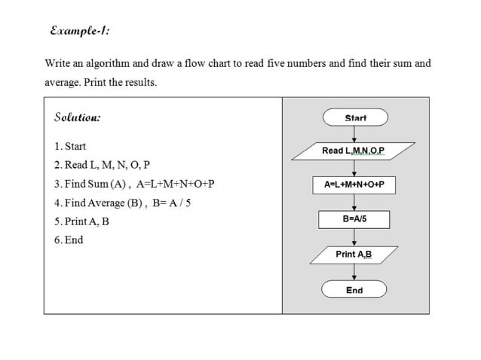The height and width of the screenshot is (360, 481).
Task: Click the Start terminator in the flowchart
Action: coord(354,117)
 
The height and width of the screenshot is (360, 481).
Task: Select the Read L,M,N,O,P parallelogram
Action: coord(354,151)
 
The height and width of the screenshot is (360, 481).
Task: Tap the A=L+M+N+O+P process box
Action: coord(354,185)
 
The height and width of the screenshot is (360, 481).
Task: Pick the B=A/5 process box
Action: coord(354,219)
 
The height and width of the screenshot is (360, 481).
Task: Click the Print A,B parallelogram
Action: coord(354,255)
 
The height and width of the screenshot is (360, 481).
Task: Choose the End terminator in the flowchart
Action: coord(354,290)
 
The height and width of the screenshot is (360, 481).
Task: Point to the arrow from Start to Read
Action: coord(354,133)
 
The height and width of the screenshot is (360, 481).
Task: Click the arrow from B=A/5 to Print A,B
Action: coord(354,236)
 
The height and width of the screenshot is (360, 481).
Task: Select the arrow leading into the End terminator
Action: coord(354,273)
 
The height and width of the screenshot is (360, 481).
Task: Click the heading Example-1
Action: coord(78,31)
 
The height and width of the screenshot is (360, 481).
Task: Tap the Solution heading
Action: coord(77,117)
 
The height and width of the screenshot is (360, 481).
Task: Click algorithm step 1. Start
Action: coord(70,146)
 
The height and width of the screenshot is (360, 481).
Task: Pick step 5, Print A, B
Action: coord(81,221)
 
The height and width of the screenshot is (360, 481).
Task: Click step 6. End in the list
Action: coord(69,240)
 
